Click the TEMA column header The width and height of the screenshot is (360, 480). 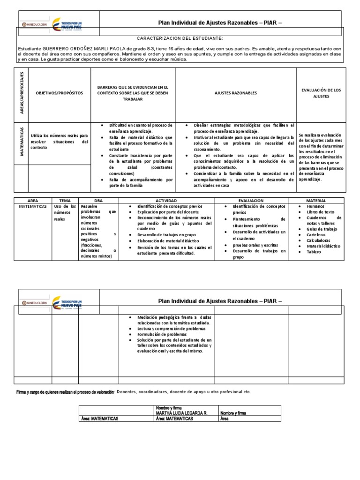click(65, 200)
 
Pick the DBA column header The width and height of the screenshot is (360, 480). click(98, 200)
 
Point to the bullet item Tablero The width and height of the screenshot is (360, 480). click(314, 252)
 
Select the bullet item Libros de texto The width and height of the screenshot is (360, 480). click(321, 212)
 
